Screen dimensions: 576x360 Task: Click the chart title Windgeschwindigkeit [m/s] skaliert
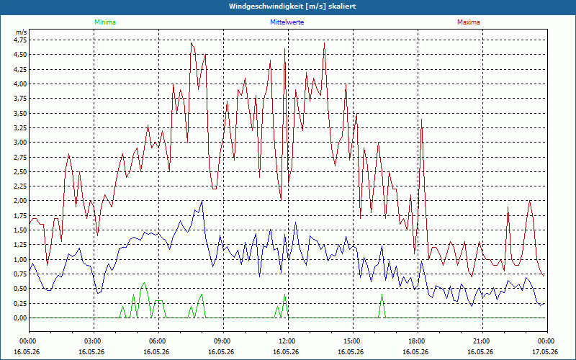pos(292,6)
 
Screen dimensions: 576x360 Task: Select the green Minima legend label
pos(105,22)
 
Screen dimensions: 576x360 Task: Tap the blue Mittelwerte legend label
pos(287,22)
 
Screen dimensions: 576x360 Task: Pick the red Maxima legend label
pos(469,22)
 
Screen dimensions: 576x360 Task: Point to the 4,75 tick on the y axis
pos(21,40)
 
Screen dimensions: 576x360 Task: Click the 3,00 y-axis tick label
pos(21,143)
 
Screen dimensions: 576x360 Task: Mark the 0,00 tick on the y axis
pos(21,318)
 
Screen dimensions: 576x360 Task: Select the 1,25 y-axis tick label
pos(21,245)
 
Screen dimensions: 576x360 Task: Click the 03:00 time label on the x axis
pos(94,341)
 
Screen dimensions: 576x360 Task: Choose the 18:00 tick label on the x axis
pos(418,341)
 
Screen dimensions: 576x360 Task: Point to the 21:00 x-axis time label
pos(482,341)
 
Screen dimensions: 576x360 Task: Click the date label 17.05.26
pos(545,352)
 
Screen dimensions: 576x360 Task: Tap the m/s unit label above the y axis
pos(22,32)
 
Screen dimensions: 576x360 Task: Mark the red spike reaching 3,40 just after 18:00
pos(422,120)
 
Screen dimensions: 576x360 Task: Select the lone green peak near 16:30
pos(382,294)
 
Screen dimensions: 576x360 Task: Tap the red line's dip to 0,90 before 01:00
pos(47,265)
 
